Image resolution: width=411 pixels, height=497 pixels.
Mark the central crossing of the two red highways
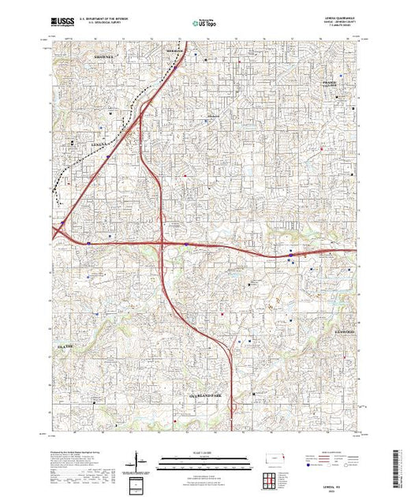coord(163,245)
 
